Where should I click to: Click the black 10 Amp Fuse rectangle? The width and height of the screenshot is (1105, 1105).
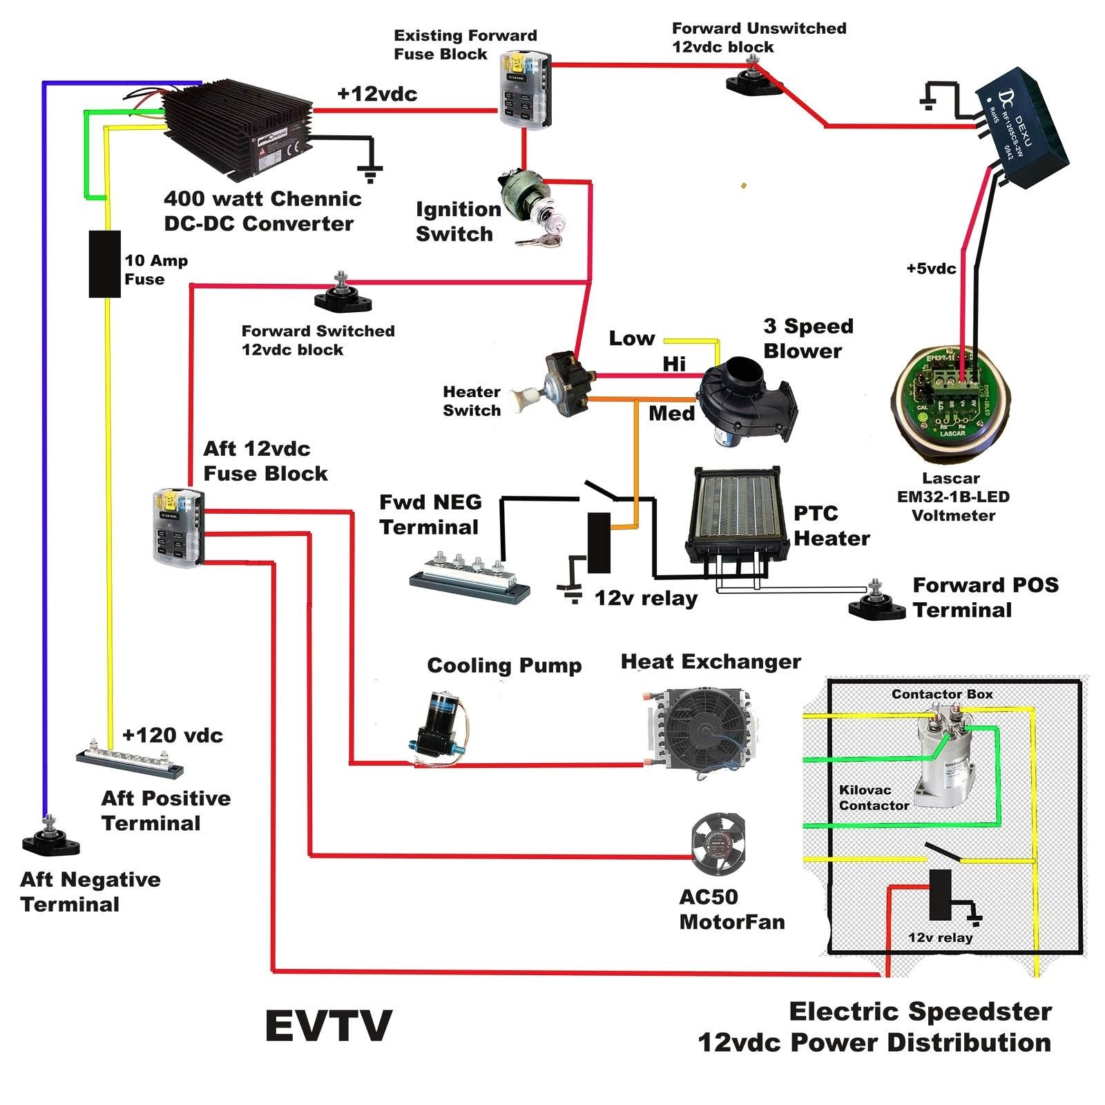click(105, 264)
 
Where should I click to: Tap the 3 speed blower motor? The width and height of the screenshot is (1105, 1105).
click(746, 401)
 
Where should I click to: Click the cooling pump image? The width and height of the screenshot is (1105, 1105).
click(438, 725)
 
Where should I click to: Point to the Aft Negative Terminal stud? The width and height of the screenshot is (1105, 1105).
click(50, 836)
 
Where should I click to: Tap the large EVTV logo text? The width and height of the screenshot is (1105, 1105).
click(328, 1026)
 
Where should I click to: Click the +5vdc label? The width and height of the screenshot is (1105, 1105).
click(931, 269)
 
